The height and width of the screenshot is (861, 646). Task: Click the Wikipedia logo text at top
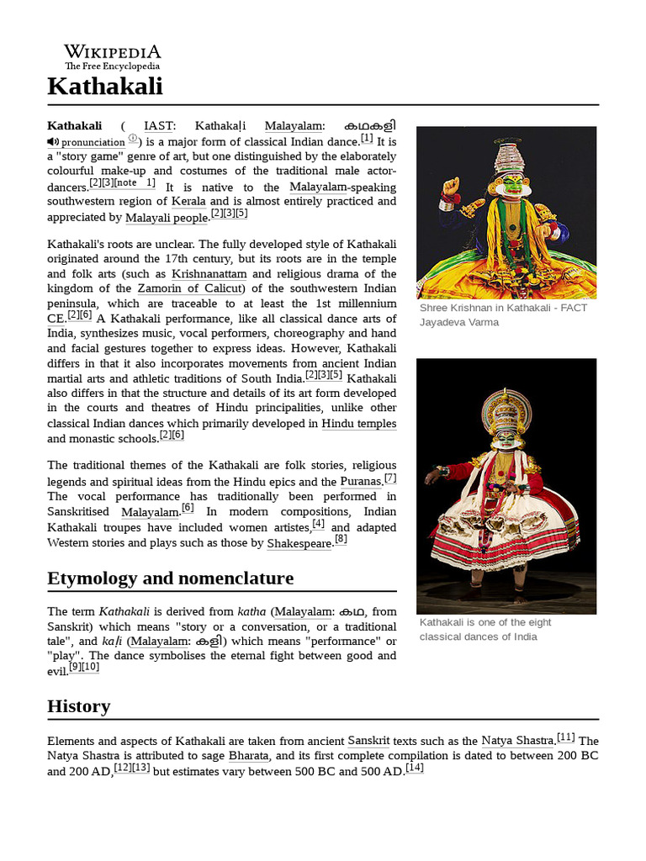click(112, 51)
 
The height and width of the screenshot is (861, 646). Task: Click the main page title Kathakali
click(105, 86)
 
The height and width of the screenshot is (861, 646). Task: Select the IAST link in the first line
click(158, 126)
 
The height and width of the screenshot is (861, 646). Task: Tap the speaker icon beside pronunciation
click(53, 142)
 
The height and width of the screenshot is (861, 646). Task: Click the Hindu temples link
click(358, 424)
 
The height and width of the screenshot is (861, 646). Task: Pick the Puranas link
click(361, 482)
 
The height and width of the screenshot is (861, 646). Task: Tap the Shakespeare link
click(299, 543)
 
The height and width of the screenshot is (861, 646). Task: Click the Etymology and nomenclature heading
click(171, 578)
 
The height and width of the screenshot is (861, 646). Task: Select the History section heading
click(78, 706)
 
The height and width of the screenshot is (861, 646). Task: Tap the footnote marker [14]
click(414, 769)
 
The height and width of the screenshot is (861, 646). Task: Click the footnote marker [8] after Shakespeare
click(341, 540)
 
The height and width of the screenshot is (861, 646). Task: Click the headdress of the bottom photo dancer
click(506, 409)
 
